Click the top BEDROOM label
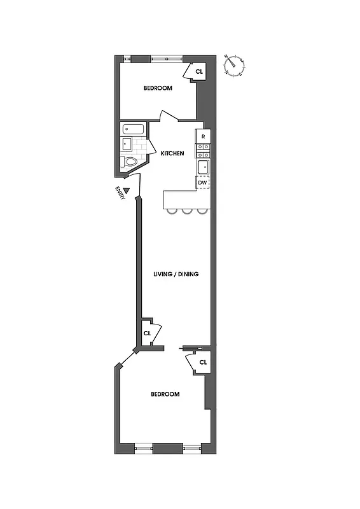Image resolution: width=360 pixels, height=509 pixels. coord(158,88)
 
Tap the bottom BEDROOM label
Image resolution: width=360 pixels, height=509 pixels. coord(165,394)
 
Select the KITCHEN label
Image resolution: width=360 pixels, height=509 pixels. coord(172,153)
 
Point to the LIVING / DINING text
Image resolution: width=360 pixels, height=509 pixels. coord(176,274)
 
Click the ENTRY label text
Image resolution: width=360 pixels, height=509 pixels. coord(119,192)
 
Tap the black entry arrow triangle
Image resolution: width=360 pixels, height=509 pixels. coord(127,190)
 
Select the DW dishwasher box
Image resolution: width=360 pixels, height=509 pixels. coord(203,183)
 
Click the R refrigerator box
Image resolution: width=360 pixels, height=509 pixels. coord(203,137)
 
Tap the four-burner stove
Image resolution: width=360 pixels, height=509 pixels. coord(203,151)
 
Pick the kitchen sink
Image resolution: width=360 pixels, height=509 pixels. coord(203,167)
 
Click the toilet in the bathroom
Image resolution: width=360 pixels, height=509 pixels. coord(130,162)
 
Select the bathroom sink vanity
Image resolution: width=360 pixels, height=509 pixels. coord(127,144)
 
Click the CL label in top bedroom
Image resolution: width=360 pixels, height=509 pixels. coord(199,72)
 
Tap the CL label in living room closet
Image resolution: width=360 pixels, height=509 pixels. coord(147,333)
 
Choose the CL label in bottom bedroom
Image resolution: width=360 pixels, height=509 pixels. coord(203,363)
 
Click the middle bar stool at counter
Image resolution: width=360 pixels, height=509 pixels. coord(188,211)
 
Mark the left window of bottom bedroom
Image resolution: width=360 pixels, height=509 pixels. coord(144,449)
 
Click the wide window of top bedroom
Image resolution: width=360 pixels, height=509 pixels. coord(167,59)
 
